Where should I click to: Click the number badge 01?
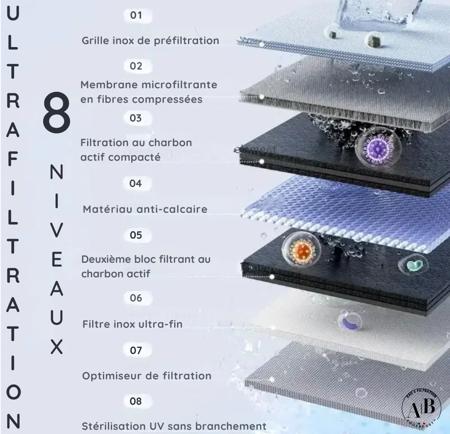click(136, 16)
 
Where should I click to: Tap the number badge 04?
click(135, 183)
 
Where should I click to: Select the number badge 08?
click(136, 402)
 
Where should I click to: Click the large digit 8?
click(57, 114)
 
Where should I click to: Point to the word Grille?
click(95, 41)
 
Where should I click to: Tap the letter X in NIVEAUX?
click(57, 347)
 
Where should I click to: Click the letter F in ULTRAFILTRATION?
click(13, 160)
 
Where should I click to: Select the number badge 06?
click(136, 298)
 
